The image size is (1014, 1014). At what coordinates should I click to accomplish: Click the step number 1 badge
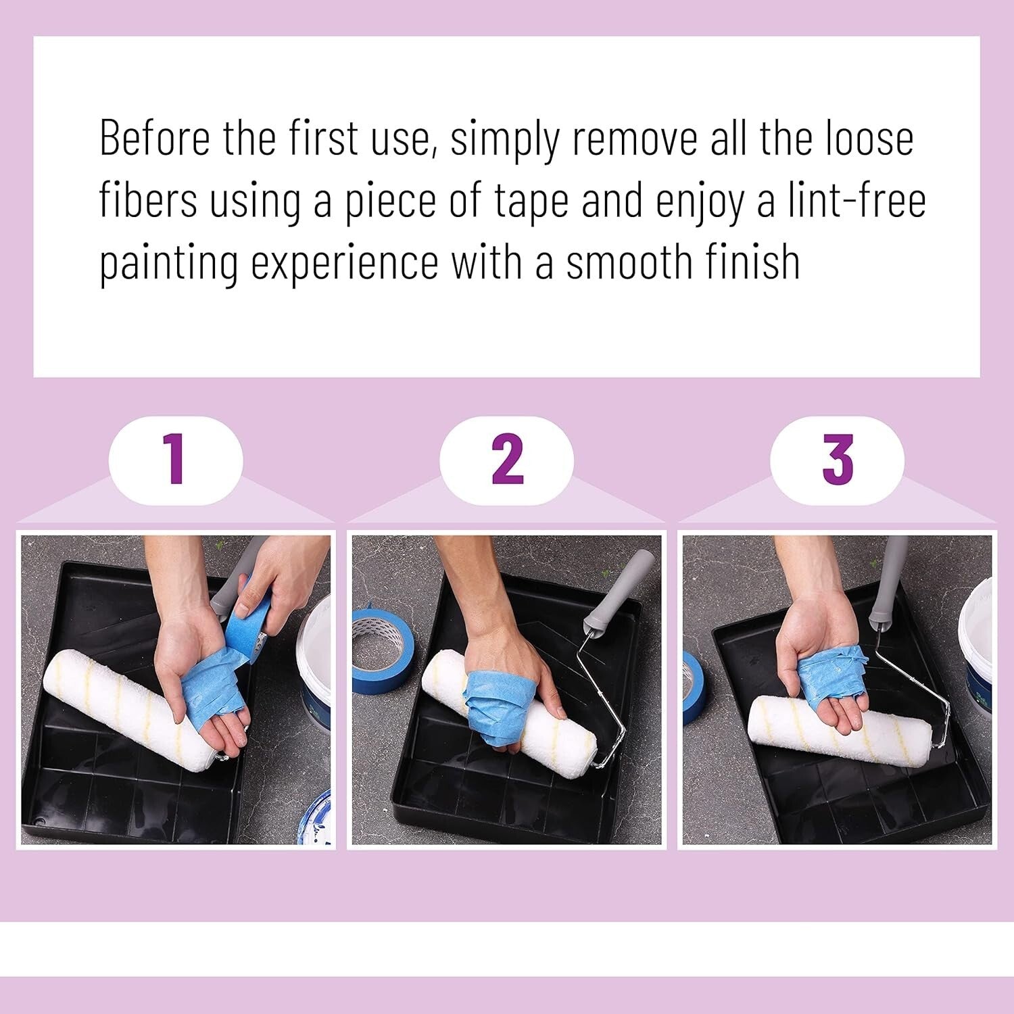176,460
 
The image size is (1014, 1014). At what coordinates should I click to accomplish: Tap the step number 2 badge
506,460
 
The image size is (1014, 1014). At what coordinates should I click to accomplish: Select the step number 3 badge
837,460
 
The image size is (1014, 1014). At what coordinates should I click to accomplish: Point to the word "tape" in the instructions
530,201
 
